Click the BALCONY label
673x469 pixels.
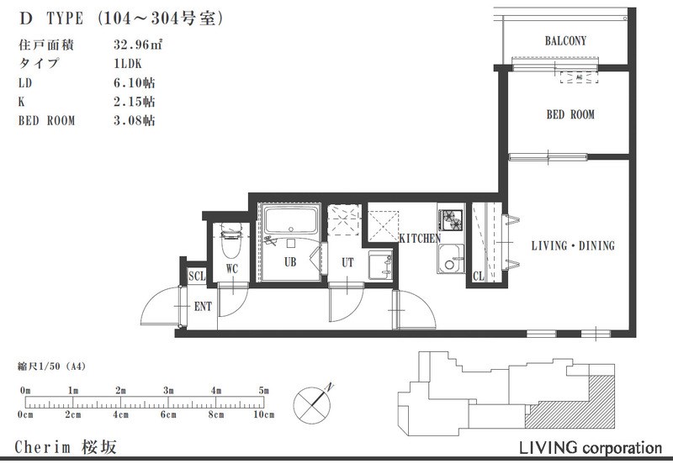point(565,40)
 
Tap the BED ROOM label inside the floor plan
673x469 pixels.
point(570,114)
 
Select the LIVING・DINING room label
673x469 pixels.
point(573,245)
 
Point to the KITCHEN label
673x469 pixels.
point(420,239)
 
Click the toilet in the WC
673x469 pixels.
point(232,241)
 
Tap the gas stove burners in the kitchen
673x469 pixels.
point(451,219)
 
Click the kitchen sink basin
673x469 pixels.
point(450,259)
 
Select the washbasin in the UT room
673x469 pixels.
point(380,266)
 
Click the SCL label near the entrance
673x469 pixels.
point(197,276)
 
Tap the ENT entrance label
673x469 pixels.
point(203,307)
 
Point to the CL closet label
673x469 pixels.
point(479,277)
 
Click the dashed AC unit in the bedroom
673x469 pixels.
point(579,77)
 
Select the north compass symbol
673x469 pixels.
point(312,404)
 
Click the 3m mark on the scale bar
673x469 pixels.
point(168,391)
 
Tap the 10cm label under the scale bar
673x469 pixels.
point(264,414)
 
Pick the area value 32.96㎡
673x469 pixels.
point(138,45)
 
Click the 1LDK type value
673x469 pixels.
point(128,63)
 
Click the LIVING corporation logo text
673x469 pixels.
point(591,448)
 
